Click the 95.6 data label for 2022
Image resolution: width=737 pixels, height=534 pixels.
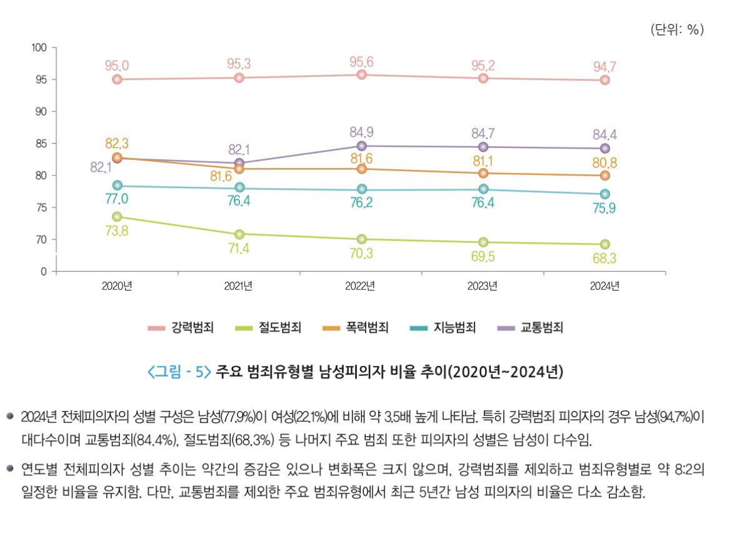tap(361, 62)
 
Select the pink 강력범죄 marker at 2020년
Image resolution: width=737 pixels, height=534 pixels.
tap(117, 79)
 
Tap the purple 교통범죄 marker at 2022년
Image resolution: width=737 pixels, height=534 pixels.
tap(361, 146)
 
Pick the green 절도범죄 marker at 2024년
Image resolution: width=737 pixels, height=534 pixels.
tap(605, 244)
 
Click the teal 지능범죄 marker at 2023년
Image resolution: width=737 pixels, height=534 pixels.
tap(483, 189)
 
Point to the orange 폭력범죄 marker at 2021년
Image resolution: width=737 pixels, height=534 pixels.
tap(239, 169)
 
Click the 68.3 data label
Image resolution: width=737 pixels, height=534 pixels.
tap(604, 259)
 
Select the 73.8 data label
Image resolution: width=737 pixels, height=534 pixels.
tap(116, 231)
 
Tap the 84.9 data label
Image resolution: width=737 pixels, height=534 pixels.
tap(361, 132)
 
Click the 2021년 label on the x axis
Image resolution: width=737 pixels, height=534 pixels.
tap(238, 286)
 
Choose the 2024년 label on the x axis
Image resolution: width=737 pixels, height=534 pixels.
tap(604, 286)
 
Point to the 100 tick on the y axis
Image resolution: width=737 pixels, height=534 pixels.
tap(40, 47)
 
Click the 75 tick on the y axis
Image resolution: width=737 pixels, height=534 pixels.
tap(43, 207)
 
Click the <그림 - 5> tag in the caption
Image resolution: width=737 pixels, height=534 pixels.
tap(179, 372)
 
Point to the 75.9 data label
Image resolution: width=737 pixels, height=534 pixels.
tap(604, 209)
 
